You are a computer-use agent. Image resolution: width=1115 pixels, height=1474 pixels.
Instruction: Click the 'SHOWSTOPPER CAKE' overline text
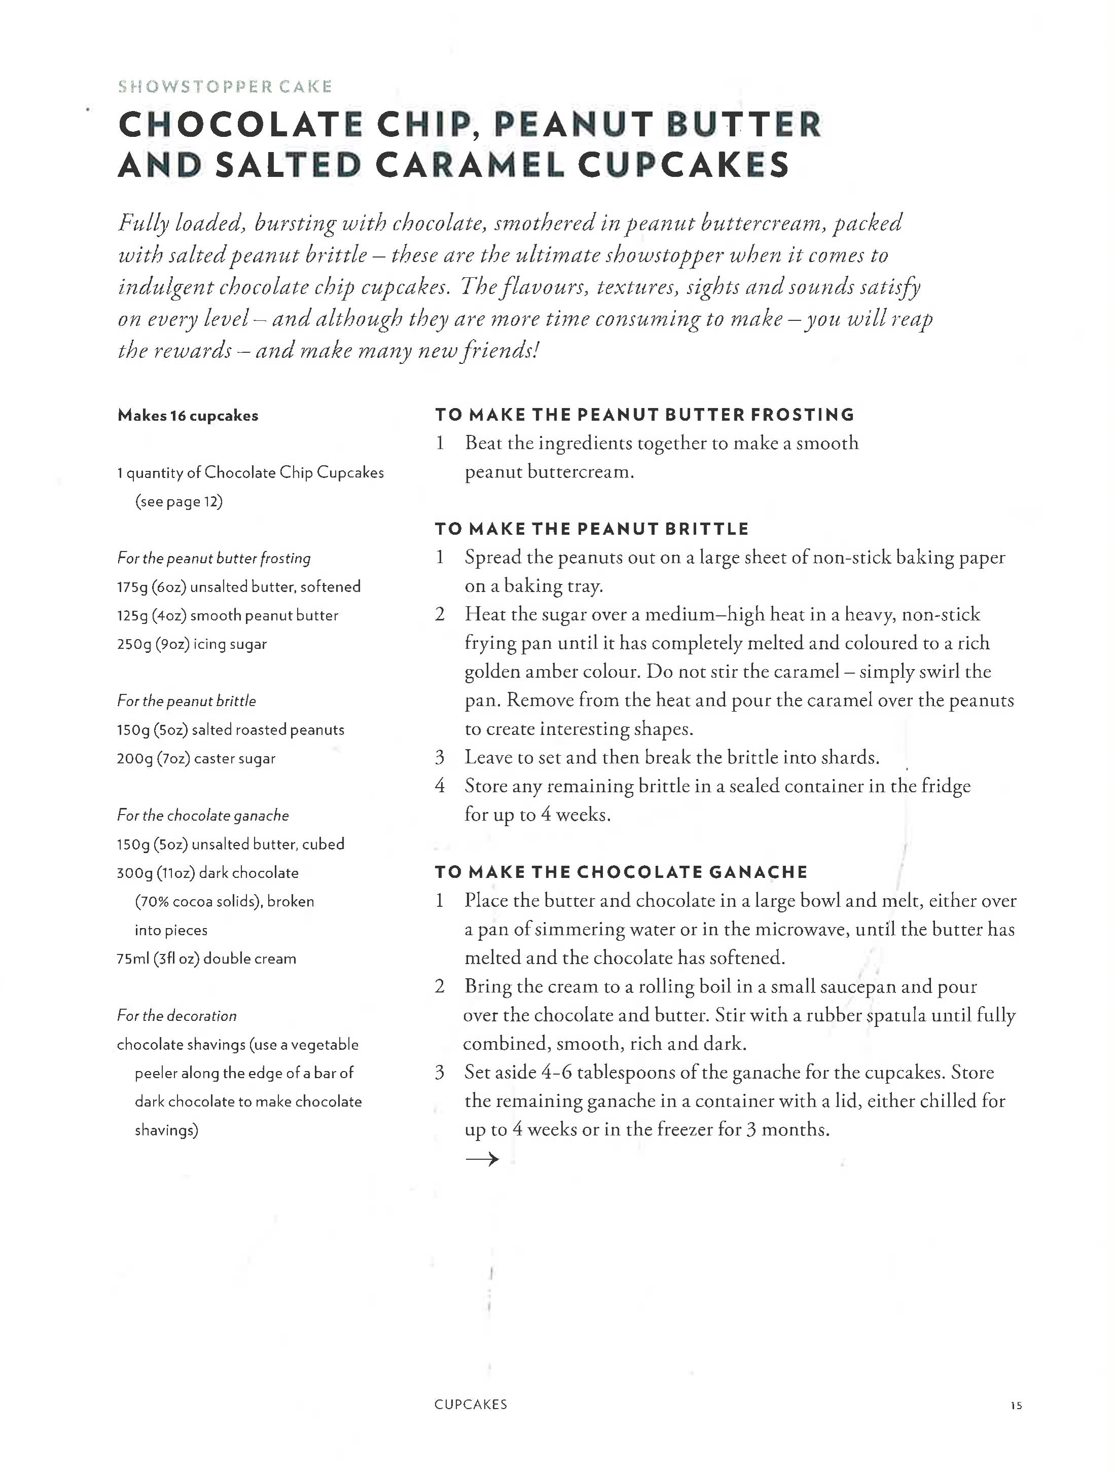225,87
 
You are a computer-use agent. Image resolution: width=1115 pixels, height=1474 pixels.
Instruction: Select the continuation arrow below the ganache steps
481,1159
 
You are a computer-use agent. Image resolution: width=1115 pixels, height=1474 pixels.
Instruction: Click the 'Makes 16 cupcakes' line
187,416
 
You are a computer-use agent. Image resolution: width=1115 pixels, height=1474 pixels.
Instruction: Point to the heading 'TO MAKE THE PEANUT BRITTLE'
591,529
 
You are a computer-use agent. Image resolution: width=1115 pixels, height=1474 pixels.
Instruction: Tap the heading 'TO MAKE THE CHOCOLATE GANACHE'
621,872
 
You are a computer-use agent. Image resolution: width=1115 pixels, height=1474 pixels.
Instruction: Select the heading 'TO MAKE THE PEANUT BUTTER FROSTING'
644,415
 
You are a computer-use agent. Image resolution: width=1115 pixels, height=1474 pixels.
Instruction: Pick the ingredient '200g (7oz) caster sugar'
196,758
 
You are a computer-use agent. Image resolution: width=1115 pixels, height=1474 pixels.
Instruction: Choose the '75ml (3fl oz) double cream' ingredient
206,959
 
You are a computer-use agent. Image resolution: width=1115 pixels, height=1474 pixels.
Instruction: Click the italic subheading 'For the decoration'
177,1016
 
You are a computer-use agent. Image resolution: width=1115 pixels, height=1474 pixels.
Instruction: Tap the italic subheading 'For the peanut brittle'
186,701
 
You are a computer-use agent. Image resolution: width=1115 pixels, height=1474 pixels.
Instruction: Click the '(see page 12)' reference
179,502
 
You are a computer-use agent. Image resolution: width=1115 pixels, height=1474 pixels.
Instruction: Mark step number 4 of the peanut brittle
439,786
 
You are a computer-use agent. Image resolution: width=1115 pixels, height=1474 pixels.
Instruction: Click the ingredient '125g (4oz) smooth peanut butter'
227,616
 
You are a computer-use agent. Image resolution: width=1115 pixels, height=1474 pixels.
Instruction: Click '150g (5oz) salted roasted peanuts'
230,730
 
